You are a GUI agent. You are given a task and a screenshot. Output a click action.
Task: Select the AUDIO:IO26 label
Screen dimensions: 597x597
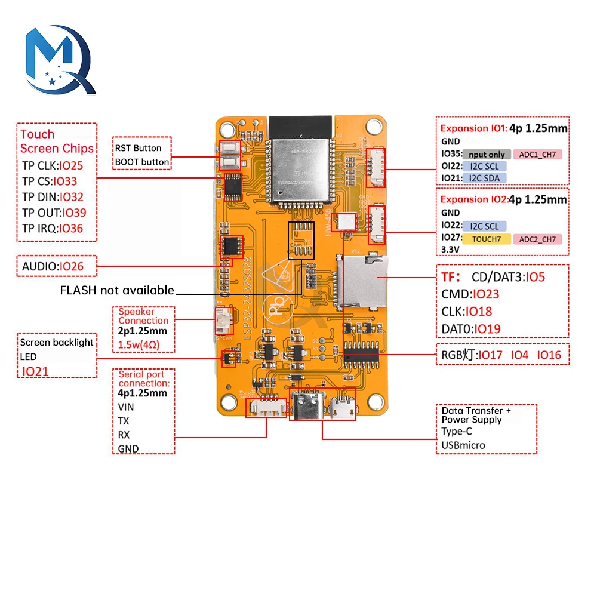tap(53, 266)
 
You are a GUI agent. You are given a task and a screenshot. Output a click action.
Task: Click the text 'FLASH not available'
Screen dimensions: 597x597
tap(117, 290)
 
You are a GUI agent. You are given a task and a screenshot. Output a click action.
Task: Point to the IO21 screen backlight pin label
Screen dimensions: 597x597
tap(36, 371)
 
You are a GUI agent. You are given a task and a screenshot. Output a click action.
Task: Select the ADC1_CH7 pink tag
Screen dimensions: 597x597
tap(537, 155)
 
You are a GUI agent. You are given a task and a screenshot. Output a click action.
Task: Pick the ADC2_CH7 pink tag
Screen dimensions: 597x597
tap(537, 239)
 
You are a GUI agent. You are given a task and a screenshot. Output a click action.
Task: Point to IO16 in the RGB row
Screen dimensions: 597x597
tap(549, 355)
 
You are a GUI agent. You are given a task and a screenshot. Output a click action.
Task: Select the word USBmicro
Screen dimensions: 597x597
tap(463, 445)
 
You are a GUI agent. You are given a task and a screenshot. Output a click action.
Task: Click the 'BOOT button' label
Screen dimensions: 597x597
tap(141, 162)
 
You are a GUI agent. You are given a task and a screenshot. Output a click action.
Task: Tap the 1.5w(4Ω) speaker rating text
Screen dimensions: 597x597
tap(139, 346)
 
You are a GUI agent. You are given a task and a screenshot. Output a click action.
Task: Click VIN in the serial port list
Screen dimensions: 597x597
tap(126, 407)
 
